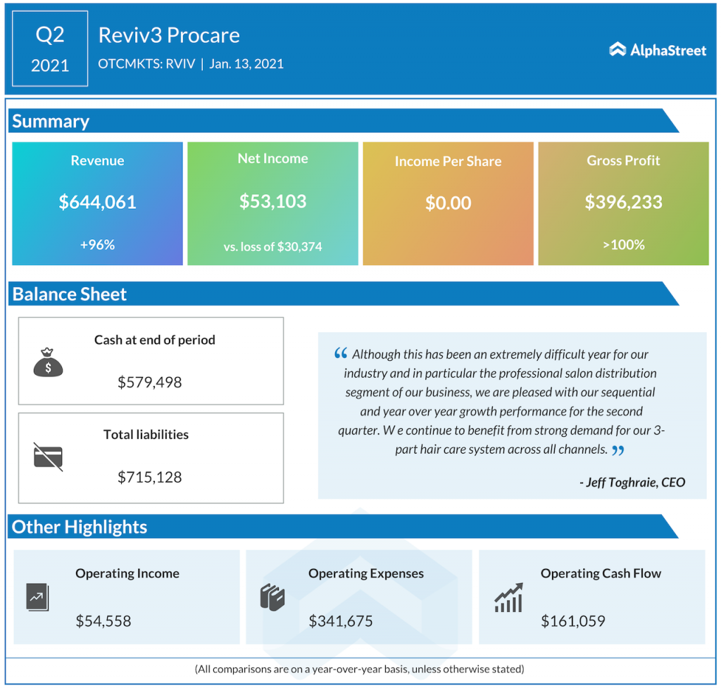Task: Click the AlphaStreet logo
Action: pos(657,50)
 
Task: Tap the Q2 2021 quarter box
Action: pos(50,49)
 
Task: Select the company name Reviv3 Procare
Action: pos(169,35)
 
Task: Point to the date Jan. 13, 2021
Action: pos(246,64)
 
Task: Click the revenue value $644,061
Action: pos(97,203)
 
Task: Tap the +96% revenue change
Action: pos(97,245)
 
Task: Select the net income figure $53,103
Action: pos(272,202)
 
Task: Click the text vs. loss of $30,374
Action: pos(272,246)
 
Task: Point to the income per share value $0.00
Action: pos(448,204)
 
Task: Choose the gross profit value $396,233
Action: pos(623,203)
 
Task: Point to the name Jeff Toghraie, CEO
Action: pos(632,483)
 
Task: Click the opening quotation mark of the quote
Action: pos(341,354)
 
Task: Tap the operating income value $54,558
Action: pos(104,621)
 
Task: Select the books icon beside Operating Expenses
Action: pos(272,597)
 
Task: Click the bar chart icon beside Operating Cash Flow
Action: pos(508,598)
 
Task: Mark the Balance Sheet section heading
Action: pos(70,294)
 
